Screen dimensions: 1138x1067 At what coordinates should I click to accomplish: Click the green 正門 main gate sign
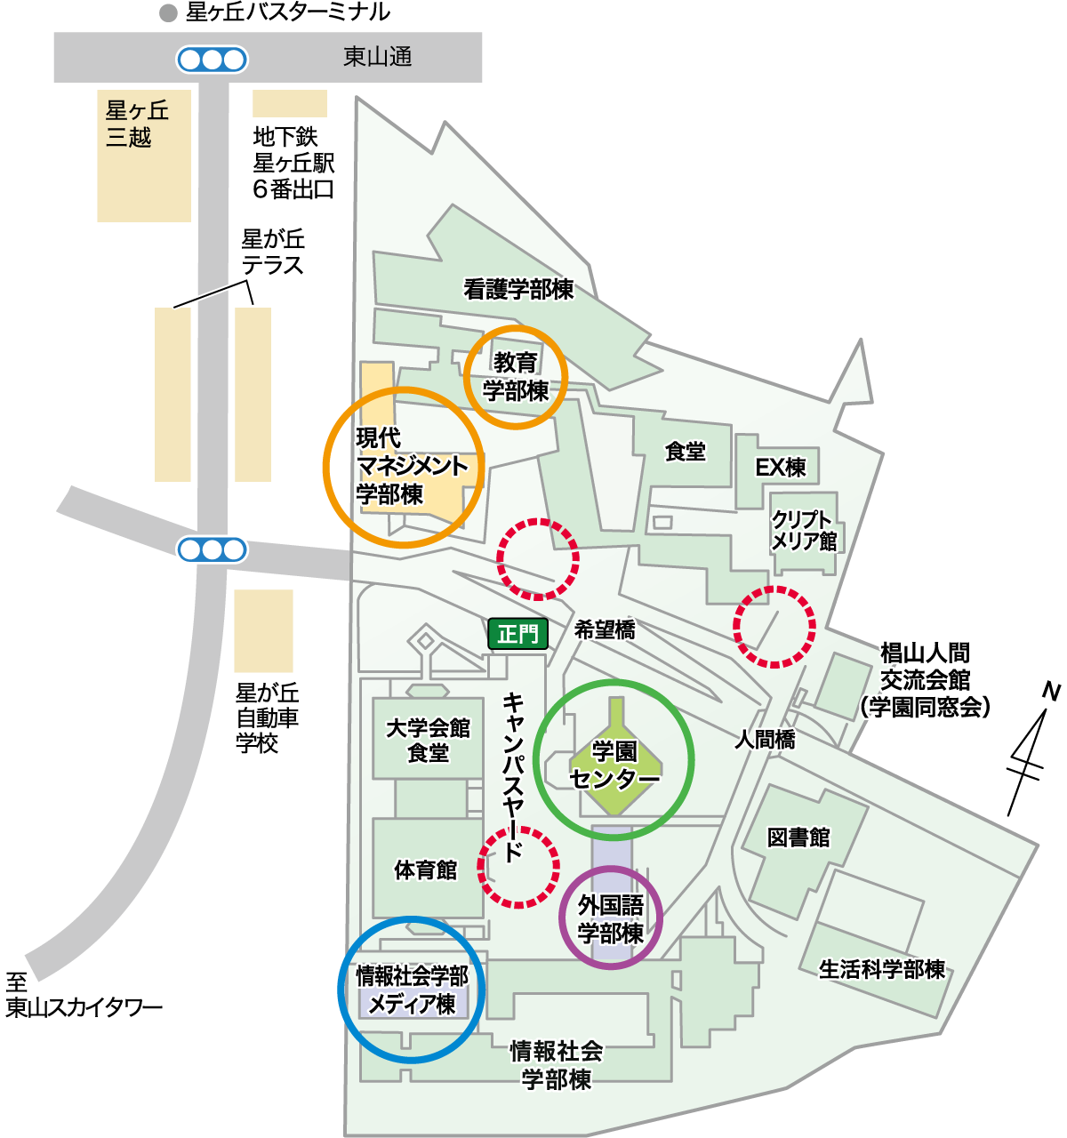(517, 634)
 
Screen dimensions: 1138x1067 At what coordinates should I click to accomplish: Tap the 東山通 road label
(378, 58)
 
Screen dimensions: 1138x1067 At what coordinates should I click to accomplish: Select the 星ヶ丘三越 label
(137, 124)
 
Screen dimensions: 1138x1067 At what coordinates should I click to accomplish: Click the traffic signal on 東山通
(212, 60)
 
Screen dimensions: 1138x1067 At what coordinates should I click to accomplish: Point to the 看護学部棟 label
(518, 290)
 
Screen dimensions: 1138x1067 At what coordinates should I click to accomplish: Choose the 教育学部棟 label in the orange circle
(516, 377)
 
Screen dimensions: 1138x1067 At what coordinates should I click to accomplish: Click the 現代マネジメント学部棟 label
(411, 466)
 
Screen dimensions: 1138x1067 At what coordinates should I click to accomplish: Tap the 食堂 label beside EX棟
(685, 452)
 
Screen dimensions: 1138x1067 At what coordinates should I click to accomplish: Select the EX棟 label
(780, 468)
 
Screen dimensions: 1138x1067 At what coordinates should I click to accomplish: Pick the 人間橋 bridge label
(765, 739)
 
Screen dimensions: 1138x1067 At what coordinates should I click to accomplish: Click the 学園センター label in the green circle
(614, 765)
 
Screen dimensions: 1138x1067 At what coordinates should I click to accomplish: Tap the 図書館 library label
(798, 837)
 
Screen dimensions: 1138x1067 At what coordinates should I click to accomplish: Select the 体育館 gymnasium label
(426, 870)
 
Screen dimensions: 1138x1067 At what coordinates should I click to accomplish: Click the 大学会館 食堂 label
(428, 741)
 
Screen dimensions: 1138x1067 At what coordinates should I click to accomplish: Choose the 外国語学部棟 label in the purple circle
(611, 919)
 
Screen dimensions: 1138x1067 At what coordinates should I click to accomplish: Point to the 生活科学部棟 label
(881, 969)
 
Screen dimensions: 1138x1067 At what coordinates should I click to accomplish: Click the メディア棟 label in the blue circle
(412, 1005)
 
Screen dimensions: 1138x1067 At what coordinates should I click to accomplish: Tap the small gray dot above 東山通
(168, 13)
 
